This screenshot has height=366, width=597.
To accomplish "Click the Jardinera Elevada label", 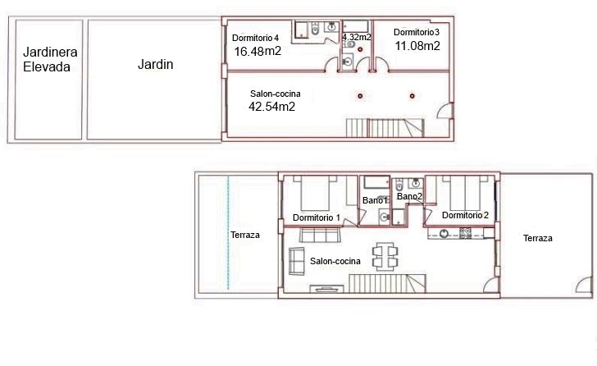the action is [x=50, y=59].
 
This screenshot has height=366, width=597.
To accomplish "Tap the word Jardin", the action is [x=155, y=64].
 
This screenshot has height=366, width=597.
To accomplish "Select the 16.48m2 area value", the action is [x=257, y=51].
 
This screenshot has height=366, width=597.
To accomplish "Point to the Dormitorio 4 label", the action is [x=256, y=38].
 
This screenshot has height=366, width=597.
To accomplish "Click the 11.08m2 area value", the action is [x=417, y=46].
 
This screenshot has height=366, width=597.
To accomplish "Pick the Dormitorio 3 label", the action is [x=417, y=32].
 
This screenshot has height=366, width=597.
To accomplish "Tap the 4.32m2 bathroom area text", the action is [x=357, y=37].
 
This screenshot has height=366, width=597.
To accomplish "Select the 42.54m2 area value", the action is [x=272, y=106].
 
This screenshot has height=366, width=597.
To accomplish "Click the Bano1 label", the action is [x=375, y=200].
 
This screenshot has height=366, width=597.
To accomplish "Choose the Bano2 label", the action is [x=410, y=196].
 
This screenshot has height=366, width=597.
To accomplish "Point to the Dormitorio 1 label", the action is [x=317, y=217].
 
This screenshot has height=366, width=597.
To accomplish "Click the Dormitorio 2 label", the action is [x=465, y=215].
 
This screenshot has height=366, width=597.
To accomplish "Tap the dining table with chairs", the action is [x=385, y=256].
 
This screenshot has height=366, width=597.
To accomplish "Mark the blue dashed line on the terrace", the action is [x=228, y=232].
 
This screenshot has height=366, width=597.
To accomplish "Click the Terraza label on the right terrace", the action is [x=538, y=239].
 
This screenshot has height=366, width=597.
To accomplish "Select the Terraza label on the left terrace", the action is [x=245, y=235].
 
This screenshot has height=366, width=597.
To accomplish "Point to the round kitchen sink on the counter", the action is [x=444, y=233].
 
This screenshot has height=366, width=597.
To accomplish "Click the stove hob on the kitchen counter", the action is [x=465, y=233].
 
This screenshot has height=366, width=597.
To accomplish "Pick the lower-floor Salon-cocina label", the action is [x=335, y=261].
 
